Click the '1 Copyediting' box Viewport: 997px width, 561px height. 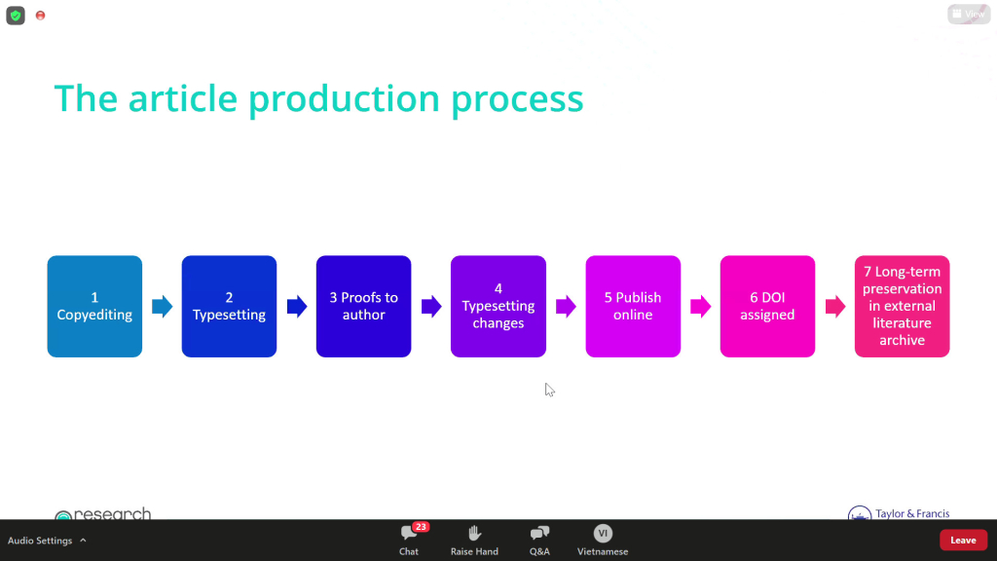(x=94, y=306)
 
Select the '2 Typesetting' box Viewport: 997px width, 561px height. (x=229, y=306)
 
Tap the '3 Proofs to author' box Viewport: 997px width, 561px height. (x=364, y=306)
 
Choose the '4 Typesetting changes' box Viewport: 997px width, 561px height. (x=498, y=306)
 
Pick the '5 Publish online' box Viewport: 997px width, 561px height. (x=633, y=306)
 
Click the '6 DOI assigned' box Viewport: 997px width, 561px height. (x=767, y=306)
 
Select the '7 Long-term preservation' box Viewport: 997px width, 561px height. (x=903, y=306)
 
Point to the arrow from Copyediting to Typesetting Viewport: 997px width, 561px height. (x=163, y=307)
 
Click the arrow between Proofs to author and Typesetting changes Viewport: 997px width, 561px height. (x=431, y=307)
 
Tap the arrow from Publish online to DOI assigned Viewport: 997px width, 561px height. (x=701, y=307)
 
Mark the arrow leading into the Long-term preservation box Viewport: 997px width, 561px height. (x=835, y=307)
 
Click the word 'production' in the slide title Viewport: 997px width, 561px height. (x=344, y=99)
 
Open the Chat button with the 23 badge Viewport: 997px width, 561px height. (x=409, y=540)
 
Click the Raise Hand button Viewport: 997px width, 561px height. (x=474, y=540)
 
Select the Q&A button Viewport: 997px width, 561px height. (x=539, y=540)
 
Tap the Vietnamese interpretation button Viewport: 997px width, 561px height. (x=603, y=540)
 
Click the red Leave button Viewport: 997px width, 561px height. (x=963, y=540)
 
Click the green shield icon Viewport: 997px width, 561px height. (x=16, y=16)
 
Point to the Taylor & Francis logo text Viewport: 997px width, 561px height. (x=912, y=513)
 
